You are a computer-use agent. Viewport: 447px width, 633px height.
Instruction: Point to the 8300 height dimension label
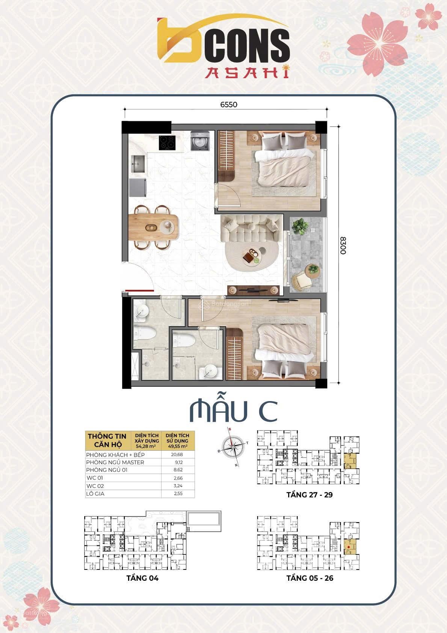pyautogui.click(x=342, y=245)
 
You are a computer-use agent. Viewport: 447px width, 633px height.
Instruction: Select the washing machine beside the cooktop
pyautogui.click(x=197, y=141)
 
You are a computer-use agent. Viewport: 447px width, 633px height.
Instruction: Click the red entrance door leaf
pyautogui.click(x=139, y=290)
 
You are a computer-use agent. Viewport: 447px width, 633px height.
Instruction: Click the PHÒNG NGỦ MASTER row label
pyautogui.click(x=115, y=462)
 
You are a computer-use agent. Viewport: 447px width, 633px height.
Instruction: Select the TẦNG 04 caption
pyautogui.click(x=142, y=578)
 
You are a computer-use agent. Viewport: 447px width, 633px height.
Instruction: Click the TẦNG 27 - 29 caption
pyautogui.click(x=310, y=495)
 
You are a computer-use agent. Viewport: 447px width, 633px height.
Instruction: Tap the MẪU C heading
pyautogui.click(x=233, y=412)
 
